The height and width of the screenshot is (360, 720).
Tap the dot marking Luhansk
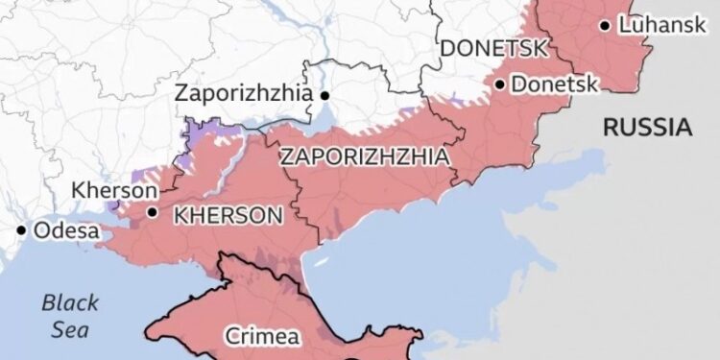[x=604, y=26]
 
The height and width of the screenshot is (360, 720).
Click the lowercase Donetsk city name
[x=555, y=84]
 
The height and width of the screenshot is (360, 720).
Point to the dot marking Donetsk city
[x=500, y=84]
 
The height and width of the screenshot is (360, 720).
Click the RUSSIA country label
[x=648, y=127]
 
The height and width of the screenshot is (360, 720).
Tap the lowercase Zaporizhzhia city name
[x=244, y=94]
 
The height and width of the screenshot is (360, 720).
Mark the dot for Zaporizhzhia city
[x=325, y=95]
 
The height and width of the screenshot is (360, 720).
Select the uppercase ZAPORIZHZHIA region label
[x=364, y=156]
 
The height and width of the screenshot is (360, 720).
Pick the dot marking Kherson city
[x=153, y=212]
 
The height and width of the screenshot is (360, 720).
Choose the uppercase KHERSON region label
[x=228, y=215]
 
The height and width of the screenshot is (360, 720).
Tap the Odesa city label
[x=66, y=230]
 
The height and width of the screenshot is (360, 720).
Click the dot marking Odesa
[x=21, y=230]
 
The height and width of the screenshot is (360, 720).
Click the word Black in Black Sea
[x=69, y=303]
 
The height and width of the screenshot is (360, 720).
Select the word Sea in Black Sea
[x=69, y=329]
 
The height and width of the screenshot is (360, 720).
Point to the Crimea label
[x=261, y=336]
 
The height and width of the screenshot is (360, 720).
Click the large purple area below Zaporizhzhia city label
[x=204, y=132]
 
